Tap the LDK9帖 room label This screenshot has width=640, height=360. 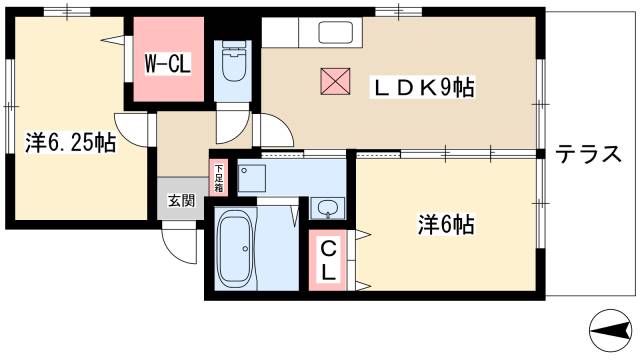pyautogui.click(x=423, y=87)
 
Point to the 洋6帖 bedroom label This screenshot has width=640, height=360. pyautogui.click(x=445, y=225)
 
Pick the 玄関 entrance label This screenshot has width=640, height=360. pyautogui.click(x=179, y=196)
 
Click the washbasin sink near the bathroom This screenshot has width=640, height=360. pyautogui.click(x=326, y=208)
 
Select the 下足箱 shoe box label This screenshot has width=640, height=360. pyautogui.click(x=218, y=178)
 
